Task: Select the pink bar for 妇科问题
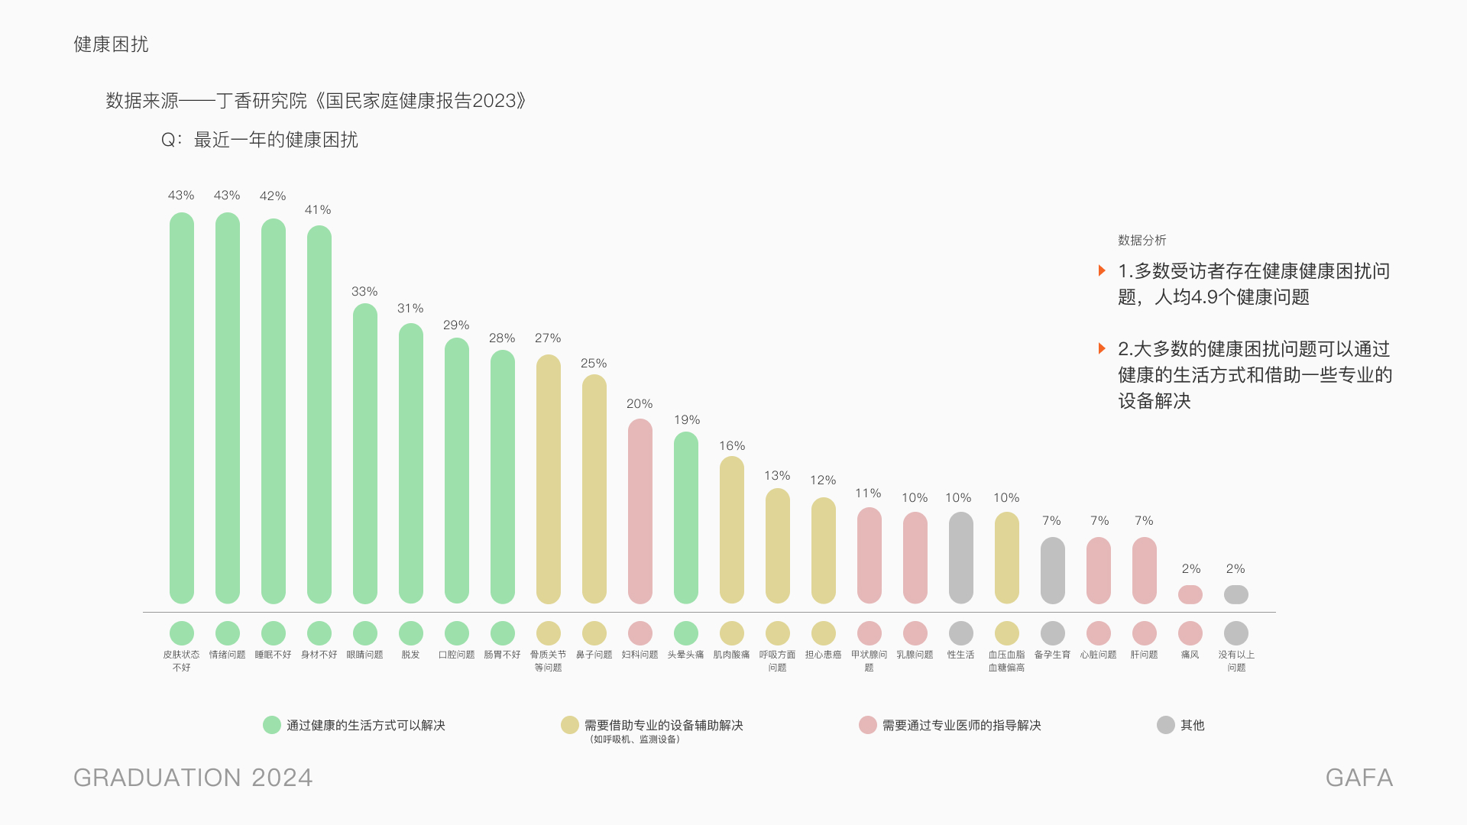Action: click(640, 511)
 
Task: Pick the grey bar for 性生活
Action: click(960, 558)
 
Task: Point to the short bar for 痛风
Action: click(1190, 594)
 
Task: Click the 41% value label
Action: click(318, 210)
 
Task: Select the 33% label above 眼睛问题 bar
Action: click(364, 292)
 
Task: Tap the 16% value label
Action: click(732, 446)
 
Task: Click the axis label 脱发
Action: click(410, 655)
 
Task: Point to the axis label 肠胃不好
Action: click(502, 655)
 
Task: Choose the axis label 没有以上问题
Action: click(1236, 661)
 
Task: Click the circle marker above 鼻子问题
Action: click(594, 632)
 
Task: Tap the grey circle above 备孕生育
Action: click(1052, 632)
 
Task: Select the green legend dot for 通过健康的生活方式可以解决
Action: click(272, 725)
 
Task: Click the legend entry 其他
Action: click(1192, 725)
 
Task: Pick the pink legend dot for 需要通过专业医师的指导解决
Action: click(868, 725)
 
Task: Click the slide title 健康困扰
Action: click(111, 44)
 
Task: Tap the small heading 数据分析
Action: click(1142, 241)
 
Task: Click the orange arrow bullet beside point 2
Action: click(1102, 348)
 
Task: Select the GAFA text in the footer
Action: click(1359, 778)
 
